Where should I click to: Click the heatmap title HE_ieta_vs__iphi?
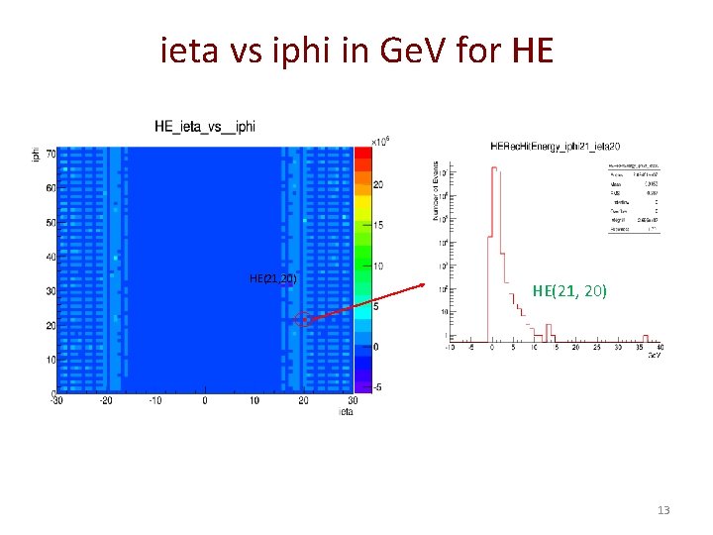pyautogui.click(x=205, y=126)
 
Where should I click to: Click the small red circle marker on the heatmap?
pyautogui.click(x=302, y=319)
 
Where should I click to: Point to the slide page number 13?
pyautogui.click(x=663, y=510)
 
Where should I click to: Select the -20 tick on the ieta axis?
pyautogui.click(x=105, y=401)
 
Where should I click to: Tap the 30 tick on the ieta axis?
pyautogui.click(x=355, y=401)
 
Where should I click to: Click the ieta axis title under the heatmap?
pyautogui.click(x=345, y=411)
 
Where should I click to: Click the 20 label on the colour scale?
pyautogui.click(x=378, y=185)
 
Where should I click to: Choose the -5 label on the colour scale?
pyautogui.click(x=377, y=387)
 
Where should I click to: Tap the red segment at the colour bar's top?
pyautogui.click(x=362, y=152)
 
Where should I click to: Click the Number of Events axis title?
pyautogui.click(x=435, y=192)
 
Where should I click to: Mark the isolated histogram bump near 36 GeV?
pyautogui.click(x=645, y=338)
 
